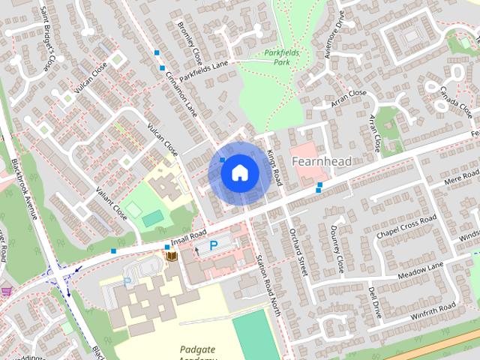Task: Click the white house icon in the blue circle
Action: click(239, 172)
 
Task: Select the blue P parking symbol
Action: click(213, 244)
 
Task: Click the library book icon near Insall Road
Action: click(172, 257)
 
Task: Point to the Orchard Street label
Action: click(298, 251)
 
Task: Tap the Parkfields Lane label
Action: click(202, 68)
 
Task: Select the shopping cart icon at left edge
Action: click(7, 291)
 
